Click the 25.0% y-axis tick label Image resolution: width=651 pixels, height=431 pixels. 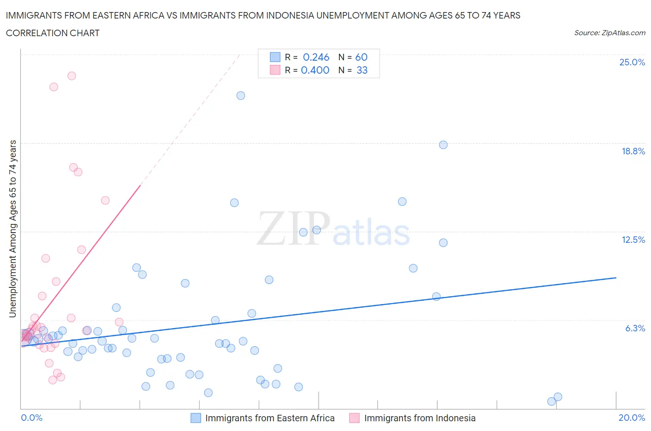(632, 62)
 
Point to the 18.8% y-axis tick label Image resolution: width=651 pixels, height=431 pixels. (633, 151)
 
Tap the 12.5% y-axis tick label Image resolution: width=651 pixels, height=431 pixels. (633, 240)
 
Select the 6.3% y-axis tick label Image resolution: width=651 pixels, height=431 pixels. (635, 328)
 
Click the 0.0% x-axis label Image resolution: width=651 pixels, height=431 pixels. (31, 418)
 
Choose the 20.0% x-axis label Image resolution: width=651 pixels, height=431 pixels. (632, 418)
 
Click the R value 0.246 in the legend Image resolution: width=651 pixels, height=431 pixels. (316, 57)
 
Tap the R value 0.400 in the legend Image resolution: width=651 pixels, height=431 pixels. (315, 70)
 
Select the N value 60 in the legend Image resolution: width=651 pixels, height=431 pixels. (361, 57)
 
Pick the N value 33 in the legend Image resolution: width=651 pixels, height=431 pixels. (362, 70)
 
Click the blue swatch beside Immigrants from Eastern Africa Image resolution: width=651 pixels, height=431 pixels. (196, 418)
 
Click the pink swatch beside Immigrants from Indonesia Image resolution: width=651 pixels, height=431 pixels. (354, 418)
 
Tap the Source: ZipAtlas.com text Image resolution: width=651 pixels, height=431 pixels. (609, 32)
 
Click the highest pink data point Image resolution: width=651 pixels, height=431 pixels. (72, 76)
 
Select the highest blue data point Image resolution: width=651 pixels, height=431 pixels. (241, 95)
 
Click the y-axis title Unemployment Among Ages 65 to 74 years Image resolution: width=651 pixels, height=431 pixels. (13, 228)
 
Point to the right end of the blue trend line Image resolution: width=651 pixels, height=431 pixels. (616, 278)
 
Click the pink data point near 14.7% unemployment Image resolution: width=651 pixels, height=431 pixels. (105, 200)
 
